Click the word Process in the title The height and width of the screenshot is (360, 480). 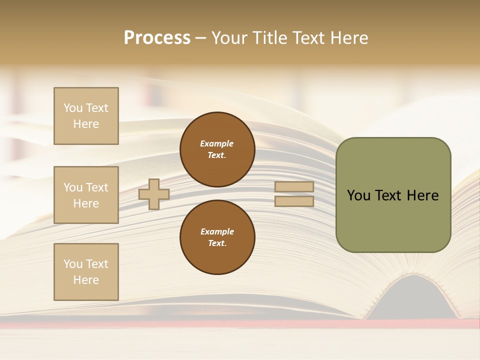157,38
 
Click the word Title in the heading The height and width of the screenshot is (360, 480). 269,38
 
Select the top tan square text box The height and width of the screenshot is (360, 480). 86,116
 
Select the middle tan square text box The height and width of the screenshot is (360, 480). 86,195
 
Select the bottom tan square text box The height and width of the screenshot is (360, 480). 86,272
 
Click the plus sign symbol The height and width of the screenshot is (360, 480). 154,194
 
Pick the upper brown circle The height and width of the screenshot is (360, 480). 217,149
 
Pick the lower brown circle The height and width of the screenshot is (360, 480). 217,237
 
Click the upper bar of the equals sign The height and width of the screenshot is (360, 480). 294,187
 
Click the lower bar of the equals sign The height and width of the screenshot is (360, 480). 294,201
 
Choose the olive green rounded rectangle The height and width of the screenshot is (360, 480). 393,220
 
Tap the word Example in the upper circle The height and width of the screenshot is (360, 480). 217,143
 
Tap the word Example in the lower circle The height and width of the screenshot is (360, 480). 217,231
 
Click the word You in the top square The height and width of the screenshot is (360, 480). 73,108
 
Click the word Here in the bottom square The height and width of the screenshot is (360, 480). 86,280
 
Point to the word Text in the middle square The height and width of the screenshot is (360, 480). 96,187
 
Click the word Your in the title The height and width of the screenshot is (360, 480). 230,38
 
